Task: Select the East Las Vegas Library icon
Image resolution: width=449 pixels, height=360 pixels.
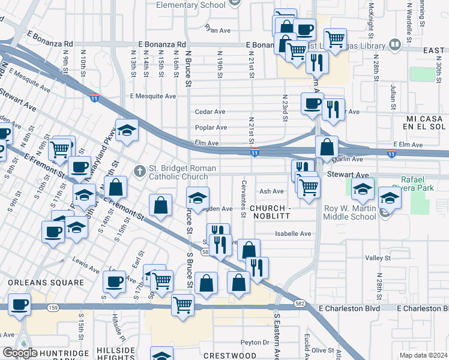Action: [x=395, y=44]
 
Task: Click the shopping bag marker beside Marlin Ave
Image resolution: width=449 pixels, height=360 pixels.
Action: [x=327, y=147]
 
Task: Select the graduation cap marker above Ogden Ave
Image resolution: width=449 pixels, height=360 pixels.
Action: [x=197, y=197]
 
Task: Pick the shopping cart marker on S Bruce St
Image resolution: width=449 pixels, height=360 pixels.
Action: [x=182, y=304]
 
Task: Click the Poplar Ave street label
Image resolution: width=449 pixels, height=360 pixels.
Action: [x=211, y=128]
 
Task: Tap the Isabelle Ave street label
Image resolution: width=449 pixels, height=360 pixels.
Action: [x=293, y=233]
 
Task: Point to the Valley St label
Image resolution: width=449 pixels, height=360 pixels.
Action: [x=378, y=258]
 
